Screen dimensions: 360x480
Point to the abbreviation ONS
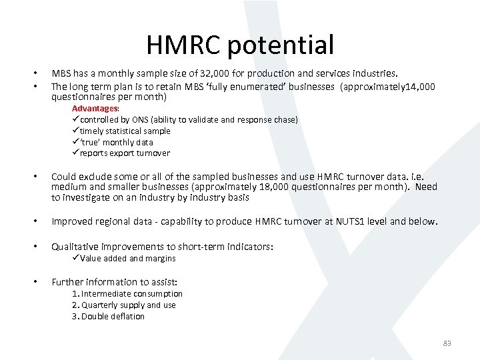point(141,120)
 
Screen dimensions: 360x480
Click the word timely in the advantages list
point(92,131)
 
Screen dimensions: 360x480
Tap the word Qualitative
point(74,247)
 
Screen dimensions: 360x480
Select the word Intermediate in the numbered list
point(107,294)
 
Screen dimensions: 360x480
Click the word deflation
point(128,317)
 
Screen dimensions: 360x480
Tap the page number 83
point(447,343)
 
